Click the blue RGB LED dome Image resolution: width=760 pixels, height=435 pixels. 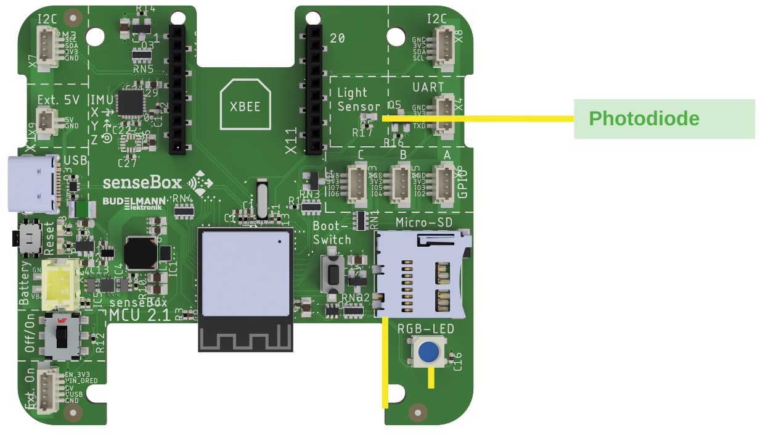(429, 352)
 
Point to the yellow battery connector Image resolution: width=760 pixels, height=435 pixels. (61, 283)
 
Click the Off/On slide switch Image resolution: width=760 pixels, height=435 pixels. (61, 336)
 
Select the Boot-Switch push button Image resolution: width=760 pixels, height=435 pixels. (332, 272)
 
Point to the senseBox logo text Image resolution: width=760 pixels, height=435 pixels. (142, 182)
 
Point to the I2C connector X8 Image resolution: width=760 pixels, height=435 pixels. (443, 48)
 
